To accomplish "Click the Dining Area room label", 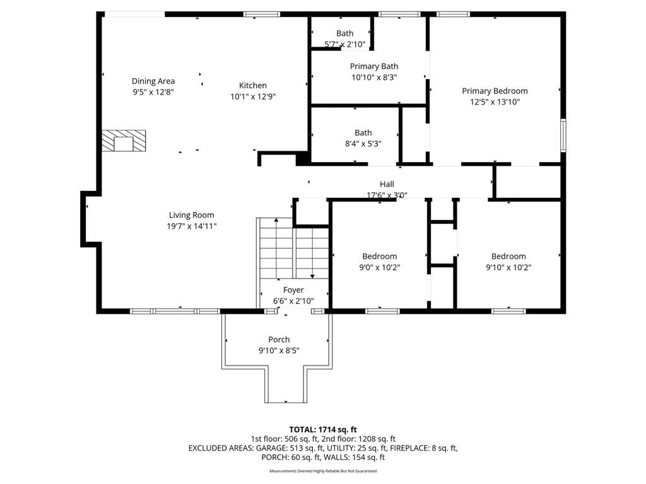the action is [x=153, y=81].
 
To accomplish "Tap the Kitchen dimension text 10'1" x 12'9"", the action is [x=253, y=96].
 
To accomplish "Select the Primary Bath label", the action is [x=374, y=66].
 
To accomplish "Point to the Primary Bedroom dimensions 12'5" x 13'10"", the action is [x=495, y=102].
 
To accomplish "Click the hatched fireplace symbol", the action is [x=124, y=141].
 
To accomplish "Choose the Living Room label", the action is [x=192, y=215].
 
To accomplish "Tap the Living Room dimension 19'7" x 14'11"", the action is [x=192, y=226].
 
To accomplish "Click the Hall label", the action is [x=387, y=185].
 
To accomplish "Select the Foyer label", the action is [x=294, y=290].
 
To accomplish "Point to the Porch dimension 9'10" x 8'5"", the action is [x=279, y=350].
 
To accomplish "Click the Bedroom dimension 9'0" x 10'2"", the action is [x=379, y=267].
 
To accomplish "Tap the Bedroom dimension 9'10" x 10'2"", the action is [x=508, y=267].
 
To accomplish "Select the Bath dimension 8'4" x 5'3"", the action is [x=363, y=144].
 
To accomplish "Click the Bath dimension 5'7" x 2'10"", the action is [x=345, y=45].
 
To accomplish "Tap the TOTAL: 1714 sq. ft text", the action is [x=323, y=430].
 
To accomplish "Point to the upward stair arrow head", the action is [x=276, y=220].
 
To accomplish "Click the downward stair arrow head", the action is [x=313, y=276].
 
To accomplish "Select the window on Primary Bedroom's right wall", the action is [x=563, y=135].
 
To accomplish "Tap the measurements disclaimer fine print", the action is [x=323, y=471].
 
